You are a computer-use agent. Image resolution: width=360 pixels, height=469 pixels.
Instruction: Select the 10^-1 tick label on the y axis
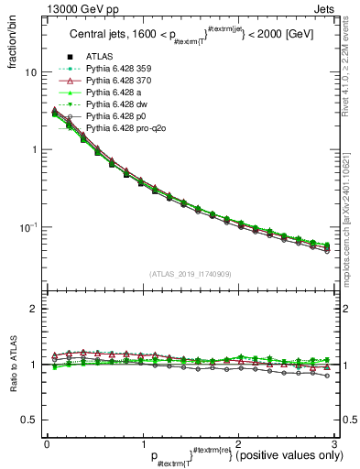pyautogui.click(x=28, y=227)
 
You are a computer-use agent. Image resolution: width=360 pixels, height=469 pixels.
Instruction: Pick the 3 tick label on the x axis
pyautogui.click(x=333, y=444)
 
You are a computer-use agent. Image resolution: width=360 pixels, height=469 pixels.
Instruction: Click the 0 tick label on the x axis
pyautogui.click(x=47, y=444)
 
